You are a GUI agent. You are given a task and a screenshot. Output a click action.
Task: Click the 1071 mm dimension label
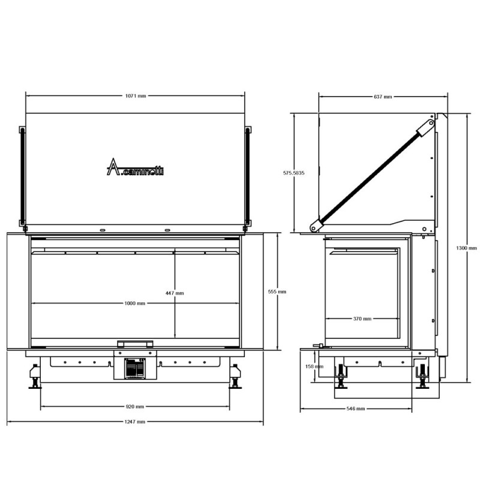(x=136, y=96)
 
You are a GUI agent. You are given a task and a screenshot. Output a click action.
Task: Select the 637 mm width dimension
(x=383, y=97)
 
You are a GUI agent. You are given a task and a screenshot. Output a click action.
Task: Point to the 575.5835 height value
(x=293, y=173)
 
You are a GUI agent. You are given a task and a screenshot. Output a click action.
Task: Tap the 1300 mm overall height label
(x=467, y=248)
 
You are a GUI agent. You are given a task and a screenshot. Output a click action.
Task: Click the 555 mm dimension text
(x=277, y=292)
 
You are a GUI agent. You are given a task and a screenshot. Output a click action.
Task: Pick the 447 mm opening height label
(x=175, y=293)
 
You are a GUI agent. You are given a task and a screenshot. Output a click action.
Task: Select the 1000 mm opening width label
(x=134, y=304)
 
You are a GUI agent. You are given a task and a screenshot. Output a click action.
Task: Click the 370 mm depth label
(x=362, y=319)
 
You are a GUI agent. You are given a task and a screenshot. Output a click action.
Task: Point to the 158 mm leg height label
(x=314, y=367)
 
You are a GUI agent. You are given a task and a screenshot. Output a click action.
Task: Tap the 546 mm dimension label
(x=356, y=409)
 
